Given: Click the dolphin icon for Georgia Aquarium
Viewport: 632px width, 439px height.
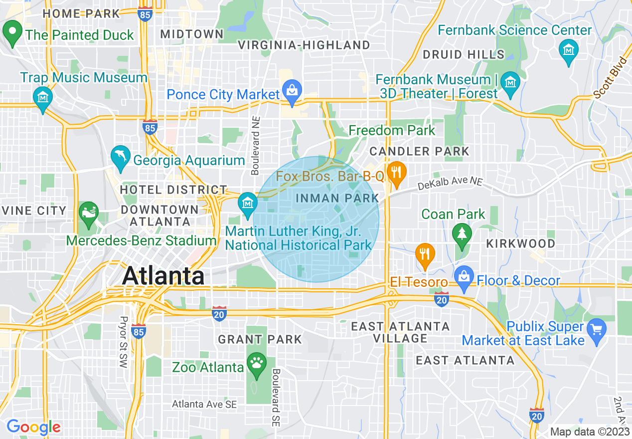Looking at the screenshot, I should pos(121,157).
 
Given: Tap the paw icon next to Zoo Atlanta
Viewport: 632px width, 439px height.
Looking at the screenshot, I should pos(257,364).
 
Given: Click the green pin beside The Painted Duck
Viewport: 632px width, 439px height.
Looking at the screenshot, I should pos(12,32).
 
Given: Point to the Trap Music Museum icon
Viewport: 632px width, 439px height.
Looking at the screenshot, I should pos(42,97).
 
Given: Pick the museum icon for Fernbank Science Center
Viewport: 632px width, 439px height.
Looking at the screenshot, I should pos(568,51).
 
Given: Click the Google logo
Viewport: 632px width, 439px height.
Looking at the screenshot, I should pos(33,427).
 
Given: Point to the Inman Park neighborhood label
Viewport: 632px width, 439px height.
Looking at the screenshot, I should pos(337,198).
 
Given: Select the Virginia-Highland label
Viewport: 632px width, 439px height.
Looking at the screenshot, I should pos(304,45).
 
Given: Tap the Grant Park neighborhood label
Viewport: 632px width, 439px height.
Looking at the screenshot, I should pos(260,340).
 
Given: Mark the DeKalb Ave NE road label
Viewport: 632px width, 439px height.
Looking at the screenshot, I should pos(451,184).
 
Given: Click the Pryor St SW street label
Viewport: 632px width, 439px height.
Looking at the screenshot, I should pos(123,342).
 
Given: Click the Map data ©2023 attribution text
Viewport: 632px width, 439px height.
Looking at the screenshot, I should pos(590,432).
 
